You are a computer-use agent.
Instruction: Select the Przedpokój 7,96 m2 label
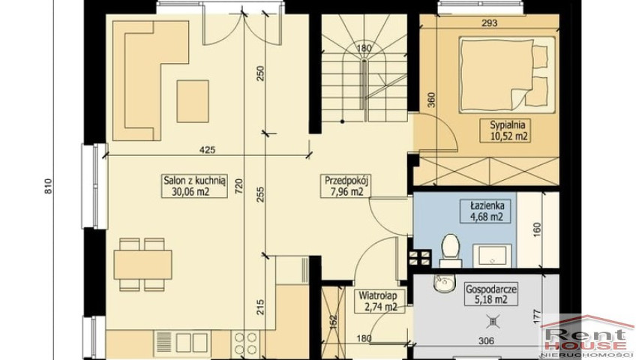pyautogui.click(x=343, y=186)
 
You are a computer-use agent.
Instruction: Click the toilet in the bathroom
pyautogui.click(x=449, y=251)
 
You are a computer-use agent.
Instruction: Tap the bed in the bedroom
pyautogui.click(x=507, y=73)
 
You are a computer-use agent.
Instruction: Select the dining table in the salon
pyautogui.click(x=142, y=264)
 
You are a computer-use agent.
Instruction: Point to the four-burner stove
pyautogui.click(x=245, y=343)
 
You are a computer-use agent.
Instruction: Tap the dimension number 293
pyautogui.click(x=489, y=23)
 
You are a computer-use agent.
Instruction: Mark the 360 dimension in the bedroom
pyautogui.click(x=430, y=100)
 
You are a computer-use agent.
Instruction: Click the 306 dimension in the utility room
pyautogui.click(x=486, y=341)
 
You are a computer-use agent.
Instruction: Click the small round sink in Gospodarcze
pyautogui.click(x=445, y=283)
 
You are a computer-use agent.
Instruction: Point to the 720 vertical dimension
pyautogui.click(x=238, y=186)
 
